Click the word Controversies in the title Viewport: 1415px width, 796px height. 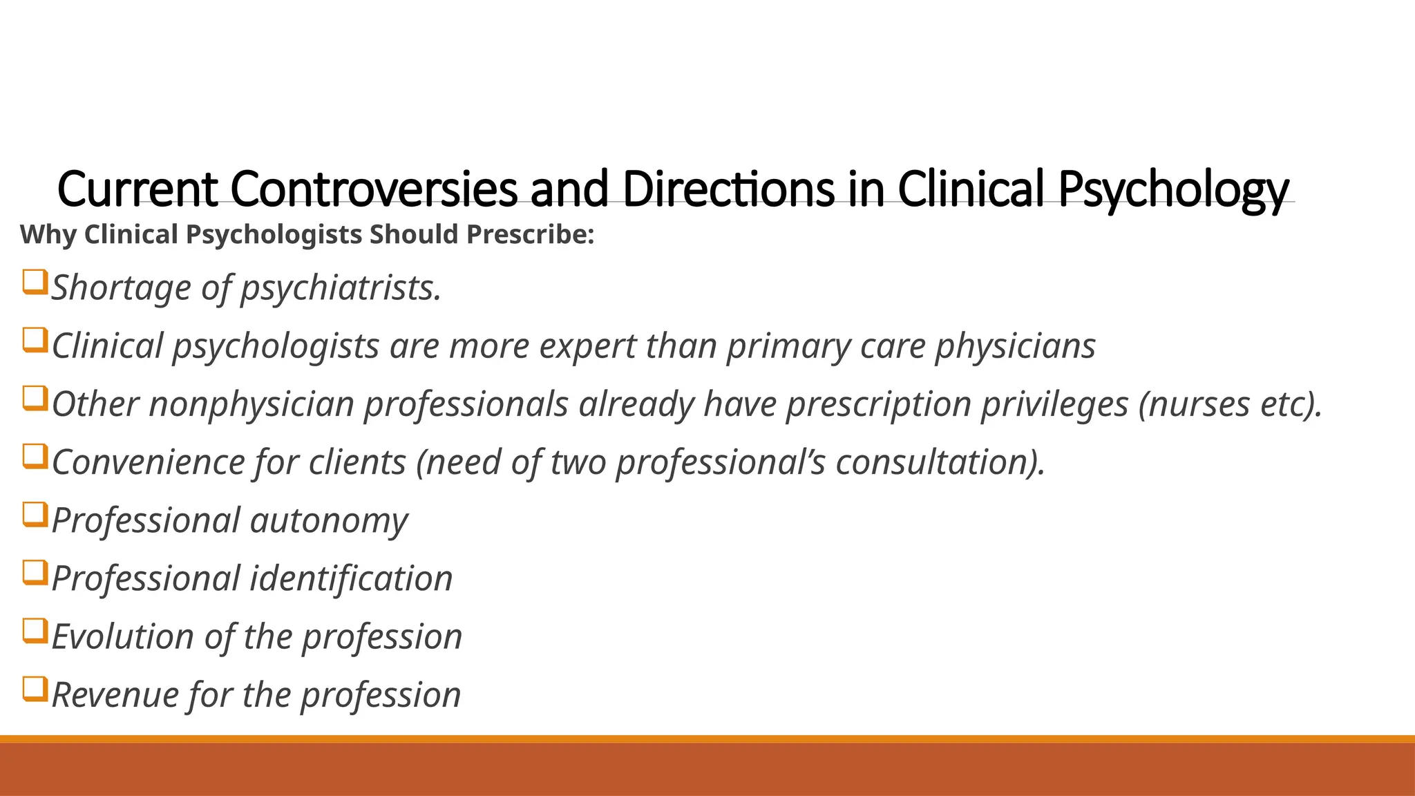(x=374, y=189)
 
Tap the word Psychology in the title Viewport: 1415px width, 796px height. (x=1173, y=189)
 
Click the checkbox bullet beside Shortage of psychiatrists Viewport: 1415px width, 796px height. (x=35, y=283)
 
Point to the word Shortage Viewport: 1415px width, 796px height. (x=121, y=287)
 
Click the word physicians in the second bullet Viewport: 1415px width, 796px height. (x=1015, y=345)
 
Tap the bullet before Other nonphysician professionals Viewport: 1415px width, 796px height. (x=35, y=399)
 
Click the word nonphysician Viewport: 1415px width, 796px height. (x=251, y=404)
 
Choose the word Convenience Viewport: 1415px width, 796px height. (x=148, y=462)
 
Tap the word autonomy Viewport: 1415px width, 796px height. (x=329, y=520)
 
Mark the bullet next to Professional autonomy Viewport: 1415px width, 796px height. (x=35, y=515)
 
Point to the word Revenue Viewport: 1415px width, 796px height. (x=115, y=694)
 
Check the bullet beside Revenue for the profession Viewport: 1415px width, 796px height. (x=35, y=689)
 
